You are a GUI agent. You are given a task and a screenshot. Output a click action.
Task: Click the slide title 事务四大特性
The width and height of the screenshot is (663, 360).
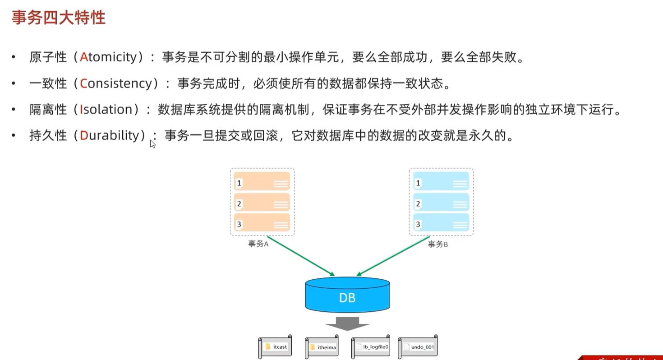pos(58,18)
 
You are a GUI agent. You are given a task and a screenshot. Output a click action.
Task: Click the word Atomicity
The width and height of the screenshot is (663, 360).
pos(108,57)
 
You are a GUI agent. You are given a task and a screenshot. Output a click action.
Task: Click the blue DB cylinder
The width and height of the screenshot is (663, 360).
pos(347,295)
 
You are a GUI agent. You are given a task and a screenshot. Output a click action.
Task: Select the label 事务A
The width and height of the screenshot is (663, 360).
pos(258,244)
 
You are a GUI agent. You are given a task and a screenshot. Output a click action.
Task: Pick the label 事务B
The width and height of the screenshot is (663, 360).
pos(437,244)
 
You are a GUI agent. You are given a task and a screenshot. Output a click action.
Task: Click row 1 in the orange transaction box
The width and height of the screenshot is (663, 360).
pos(262,182)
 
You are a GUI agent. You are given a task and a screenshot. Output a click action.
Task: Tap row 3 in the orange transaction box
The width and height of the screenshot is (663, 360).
pos(262,224)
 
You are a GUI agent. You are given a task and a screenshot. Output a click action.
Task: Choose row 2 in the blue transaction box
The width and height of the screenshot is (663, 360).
pos(441,203)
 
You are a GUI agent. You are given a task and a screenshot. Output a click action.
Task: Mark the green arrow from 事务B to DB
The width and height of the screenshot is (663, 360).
pos(394,255)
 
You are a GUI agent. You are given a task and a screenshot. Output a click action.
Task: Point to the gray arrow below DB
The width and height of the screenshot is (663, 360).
pos(347,323)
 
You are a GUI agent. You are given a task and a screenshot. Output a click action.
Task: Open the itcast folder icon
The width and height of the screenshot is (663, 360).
pos(268,347)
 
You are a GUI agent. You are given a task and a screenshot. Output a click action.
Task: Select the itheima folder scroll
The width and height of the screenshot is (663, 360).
pos(322,347)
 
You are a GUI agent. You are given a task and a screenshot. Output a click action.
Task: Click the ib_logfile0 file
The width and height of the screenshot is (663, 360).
pos(371,347)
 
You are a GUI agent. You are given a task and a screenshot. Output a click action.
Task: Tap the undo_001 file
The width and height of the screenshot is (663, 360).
pos(418,347)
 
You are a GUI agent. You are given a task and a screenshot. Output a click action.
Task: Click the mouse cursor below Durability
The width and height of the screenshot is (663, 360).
pos(152,144)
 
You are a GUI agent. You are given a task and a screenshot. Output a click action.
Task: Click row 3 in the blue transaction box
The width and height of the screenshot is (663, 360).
pos(441,224)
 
